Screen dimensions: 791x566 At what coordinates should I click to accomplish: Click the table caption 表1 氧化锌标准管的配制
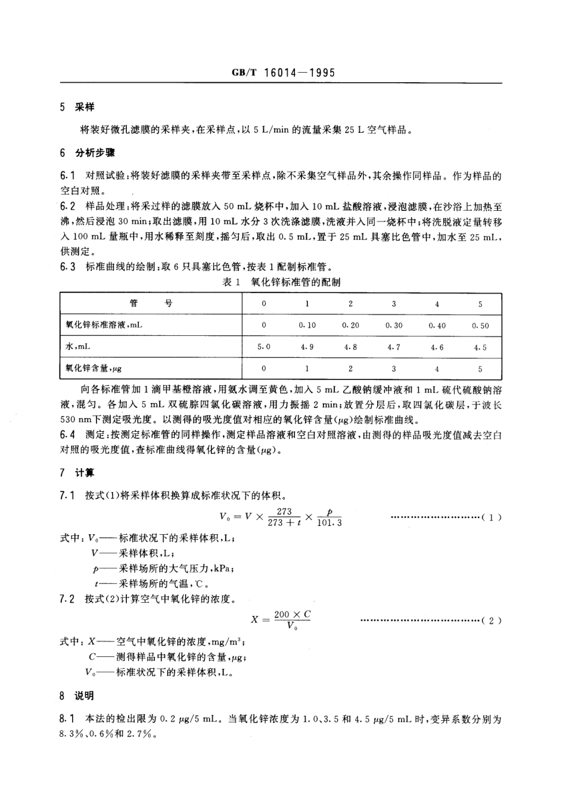pos(281,282)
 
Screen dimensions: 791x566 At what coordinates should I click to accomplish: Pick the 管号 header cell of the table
pos(151,304)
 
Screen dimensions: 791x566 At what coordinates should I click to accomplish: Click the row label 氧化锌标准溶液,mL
pos(104,325)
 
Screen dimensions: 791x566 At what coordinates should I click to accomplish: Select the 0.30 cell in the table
pos(393,325)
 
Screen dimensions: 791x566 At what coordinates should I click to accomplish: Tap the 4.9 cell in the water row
pos(307,347)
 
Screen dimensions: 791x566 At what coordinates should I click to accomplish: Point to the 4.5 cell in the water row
pos(480,347)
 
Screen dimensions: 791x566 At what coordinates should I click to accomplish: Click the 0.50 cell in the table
pos(480,325)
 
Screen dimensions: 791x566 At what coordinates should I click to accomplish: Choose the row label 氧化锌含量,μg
pos(97,368)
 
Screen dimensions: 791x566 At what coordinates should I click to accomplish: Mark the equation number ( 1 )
pos(491,517)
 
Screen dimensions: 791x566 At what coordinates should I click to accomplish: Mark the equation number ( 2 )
pos(491,620)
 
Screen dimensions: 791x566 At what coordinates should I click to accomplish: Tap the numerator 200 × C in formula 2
pos(292,614)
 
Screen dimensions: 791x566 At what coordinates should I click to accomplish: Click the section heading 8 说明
pos(77,696)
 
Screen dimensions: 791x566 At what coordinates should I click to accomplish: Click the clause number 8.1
pos(67,719)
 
